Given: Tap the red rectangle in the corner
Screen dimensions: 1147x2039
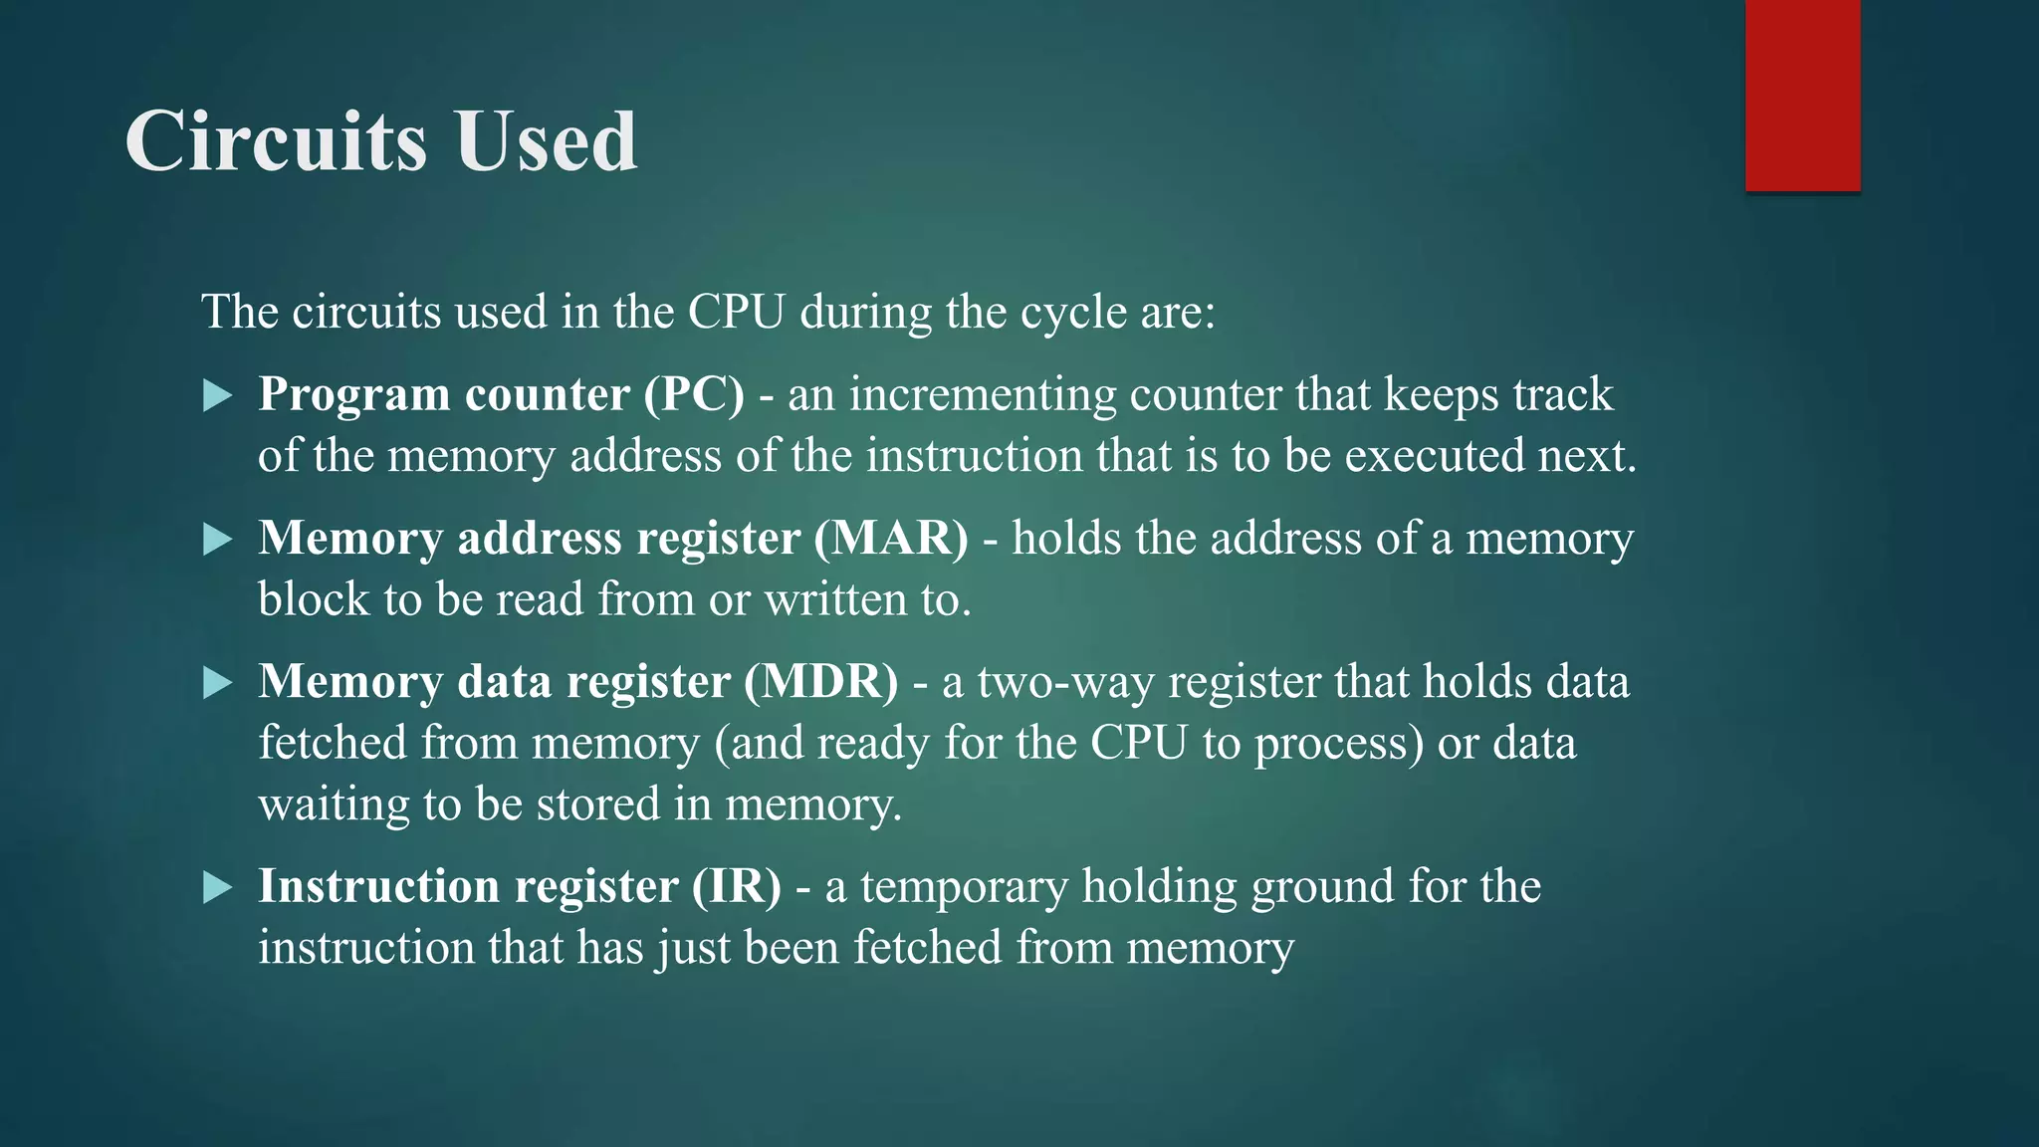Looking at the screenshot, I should (x=1802, y=96).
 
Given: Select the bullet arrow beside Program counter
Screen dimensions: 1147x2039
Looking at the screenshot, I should (x=217, y=396).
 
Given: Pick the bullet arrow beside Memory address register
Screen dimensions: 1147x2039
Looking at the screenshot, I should (x=217, y=540).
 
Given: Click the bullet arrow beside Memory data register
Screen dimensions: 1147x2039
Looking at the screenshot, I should (x=217, y=683).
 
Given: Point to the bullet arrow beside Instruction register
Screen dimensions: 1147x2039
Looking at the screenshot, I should (x=217, y=887).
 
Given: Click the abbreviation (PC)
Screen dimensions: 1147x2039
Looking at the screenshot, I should (x=694, y=394).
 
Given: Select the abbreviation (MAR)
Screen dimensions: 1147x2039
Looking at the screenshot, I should (x=891, y=538).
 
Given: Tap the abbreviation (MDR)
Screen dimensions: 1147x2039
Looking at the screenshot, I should (x=821, y=682).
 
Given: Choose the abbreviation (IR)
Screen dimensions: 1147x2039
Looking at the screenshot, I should (x=737, y=886).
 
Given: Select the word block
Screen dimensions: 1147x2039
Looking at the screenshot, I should (x=314, y=599).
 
